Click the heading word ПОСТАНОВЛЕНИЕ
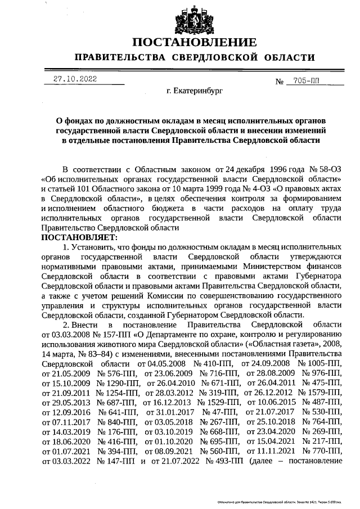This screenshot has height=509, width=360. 195,43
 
